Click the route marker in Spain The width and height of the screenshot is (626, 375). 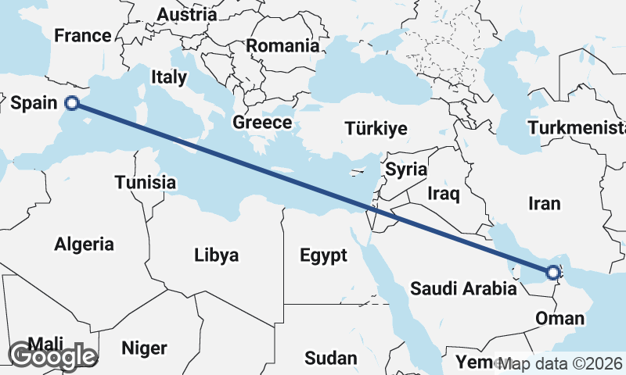click(x=72, y=102)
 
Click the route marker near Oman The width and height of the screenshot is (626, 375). click(x=553, y=273)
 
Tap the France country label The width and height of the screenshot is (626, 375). click(x=82, y=36)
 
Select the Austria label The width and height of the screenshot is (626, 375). click(x=186, y=14)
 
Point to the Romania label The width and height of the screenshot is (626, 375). click(x=282, y=46)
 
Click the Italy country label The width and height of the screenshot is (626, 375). click(x=169, y=77)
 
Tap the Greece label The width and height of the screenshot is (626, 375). click(x=262, y=123)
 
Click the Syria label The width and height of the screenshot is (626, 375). click(x=405, y=169)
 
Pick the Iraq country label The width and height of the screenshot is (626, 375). click(x=444, y=191)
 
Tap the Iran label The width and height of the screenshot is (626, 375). click(x=545, y=203)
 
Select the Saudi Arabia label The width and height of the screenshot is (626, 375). click(x=463, y=289)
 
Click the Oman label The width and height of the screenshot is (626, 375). click(x=559, y=318)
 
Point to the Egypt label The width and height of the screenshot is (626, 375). click(x=323, y=255)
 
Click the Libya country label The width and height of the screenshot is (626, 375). click(x=217, y=255)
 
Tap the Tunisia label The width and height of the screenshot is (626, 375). click(x=145, y=182)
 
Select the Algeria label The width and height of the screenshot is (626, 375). click(x=84, y=244)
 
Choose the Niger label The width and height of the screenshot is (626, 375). click(x=145, y=346)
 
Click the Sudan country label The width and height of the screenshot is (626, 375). click(x=331, y=359)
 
